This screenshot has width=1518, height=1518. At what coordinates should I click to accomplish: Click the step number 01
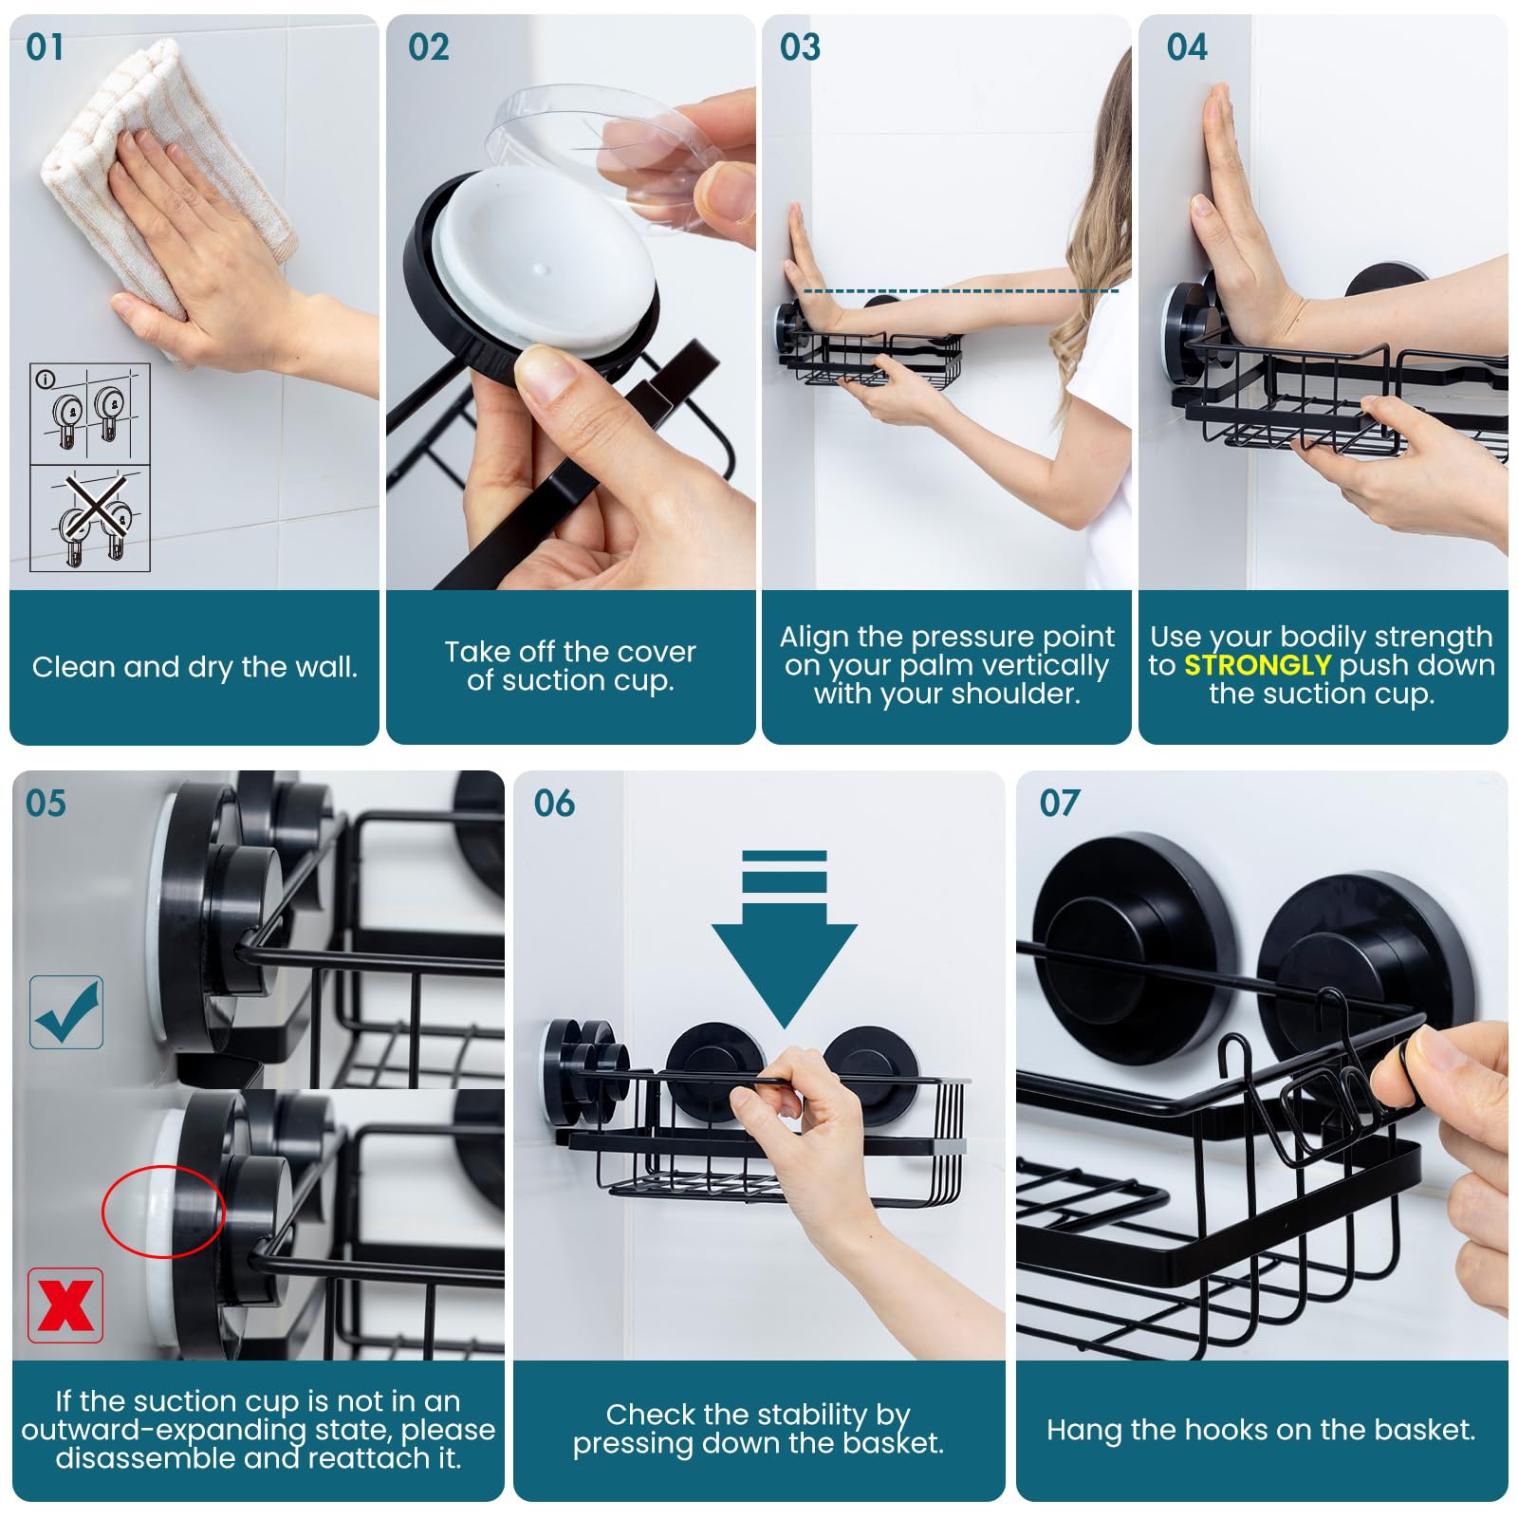(x=45, y=46)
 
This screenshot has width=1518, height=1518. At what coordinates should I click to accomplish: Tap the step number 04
(x=1186, y=46)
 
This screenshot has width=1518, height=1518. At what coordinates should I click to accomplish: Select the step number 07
(x=1059, y=804)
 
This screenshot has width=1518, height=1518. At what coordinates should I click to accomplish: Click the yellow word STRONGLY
(x=1257, y=665)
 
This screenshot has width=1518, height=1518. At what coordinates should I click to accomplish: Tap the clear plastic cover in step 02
(x=607, y=152)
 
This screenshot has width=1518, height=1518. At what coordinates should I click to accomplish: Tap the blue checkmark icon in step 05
(x=66, y=1012)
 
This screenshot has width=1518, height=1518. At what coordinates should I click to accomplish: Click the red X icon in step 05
(x=65, y=1305)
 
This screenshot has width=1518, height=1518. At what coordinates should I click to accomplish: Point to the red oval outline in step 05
(x=163, y=1212)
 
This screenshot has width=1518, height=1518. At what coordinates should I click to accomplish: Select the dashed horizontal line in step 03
(x=958, y=291)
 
